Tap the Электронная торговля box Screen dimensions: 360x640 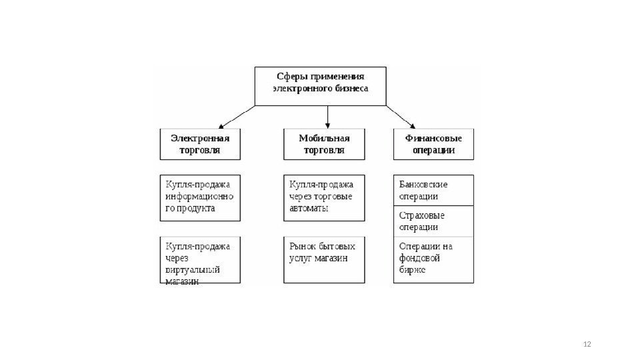tap(200, 144)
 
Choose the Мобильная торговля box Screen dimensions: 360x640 tap(325, 144)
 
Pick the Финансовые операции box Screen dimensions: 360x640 tap(433, 144)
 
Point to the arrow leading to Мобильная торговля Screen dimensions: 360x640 tap(327, 117)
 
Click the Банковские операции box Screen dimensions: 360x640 tap(433, 190)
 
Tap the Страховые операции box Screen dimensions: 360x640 tap(433, 221)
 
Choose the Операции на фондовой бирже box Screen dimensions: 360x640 tap(433, 259)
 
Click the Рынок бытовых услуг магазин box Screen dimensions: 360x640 tap(325, 259)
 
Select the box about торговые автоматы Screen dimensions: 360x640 tap(325, 197)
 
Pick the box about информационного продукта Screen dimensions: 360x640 tap(200, 197)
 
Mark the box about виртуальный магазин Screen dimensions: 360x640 tap(200, 260)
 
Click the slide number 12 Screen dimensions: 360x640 tap(587, 344)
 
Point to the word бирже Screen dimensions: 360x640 tap(412, 271)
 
